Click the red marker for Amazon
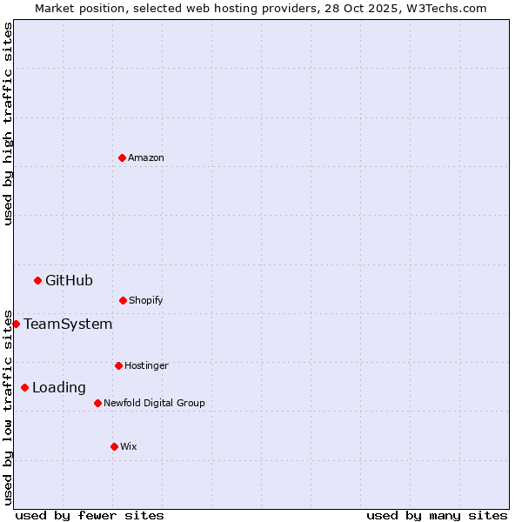coord(122,157)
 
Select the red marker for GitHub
coord(37,280)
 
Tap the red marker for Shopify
coord(123,300)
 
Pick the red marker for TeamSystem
coord(16,324)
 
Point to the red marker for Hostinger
coord(118,365)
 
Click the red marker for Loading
coord(24,387)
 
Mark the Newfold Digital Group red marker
coord(97,403)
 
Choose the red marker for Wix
coord(114,446)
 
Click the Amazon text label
coord(146,157)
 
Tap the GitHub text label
coord(69,280)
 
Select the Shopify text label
coord(146,300)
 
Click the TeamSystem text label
coord(68,324)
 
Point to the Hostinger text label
coord(146,365)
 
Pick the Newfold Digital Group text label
coord(154,403)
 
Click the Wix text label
coord(129,446)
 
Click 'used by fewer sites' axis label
coord(90,515)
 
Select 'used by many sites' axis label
coord(437,515)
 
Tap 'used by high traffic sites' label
coord(8,124)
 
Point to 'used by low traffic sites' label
coord(8,406)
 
